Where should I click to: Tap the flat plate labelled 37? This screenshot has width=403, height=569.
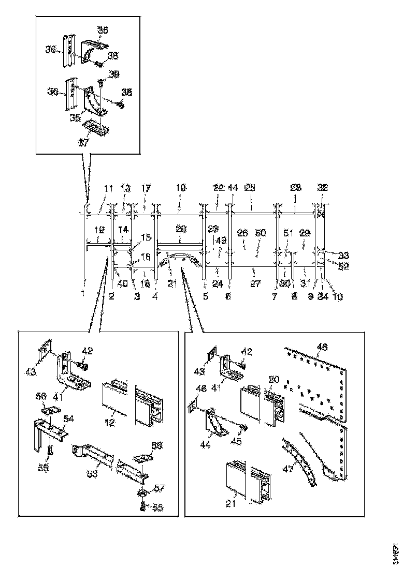[98, 126]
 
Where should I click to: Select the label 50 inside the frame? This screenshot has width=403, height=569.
[261, 233]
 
